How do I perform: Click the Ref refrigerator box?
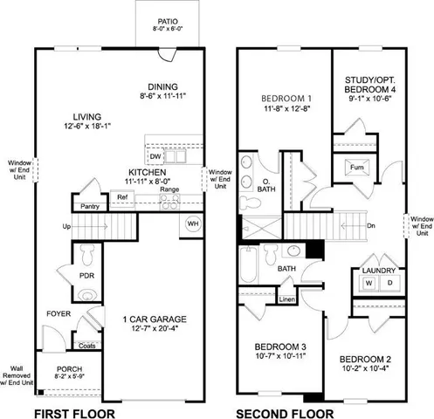tap(123, 198)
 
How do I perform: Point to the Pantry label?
tap(88, 206)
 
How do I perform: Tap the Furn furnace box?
tap(356, 167)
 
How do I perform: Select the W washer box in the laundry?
tap(368, 284)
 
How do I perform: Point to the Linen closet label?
tap(286, 299)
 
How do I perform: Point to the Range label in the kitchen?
tap(169, 189)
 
